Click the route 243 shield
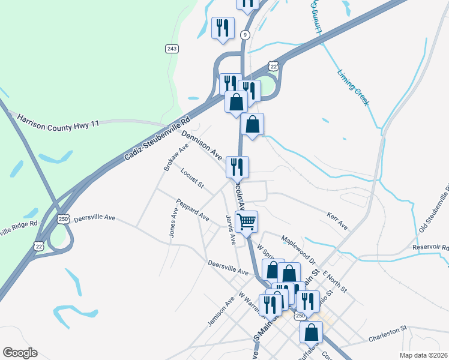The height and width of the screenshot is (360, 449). tap(172, 48)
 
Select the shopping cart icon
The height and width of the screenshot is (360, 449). tap(246, 221)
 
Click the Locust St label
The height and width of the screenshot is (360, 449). tap(192, 178)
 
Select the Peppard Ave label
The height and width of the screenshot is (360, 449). tap(192, 209)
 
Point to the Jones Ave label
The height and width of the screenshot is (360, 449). tap(173, 222)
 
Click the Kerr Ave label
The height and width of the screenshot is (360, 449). tap(337, 220)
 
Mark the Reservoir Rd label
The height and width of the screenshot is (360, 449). tap(430, 247)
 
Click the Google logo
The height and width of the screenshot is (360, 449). tap(20, 352)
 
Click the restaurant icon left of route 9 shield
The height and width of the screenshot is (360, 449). tap(223, 28)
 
